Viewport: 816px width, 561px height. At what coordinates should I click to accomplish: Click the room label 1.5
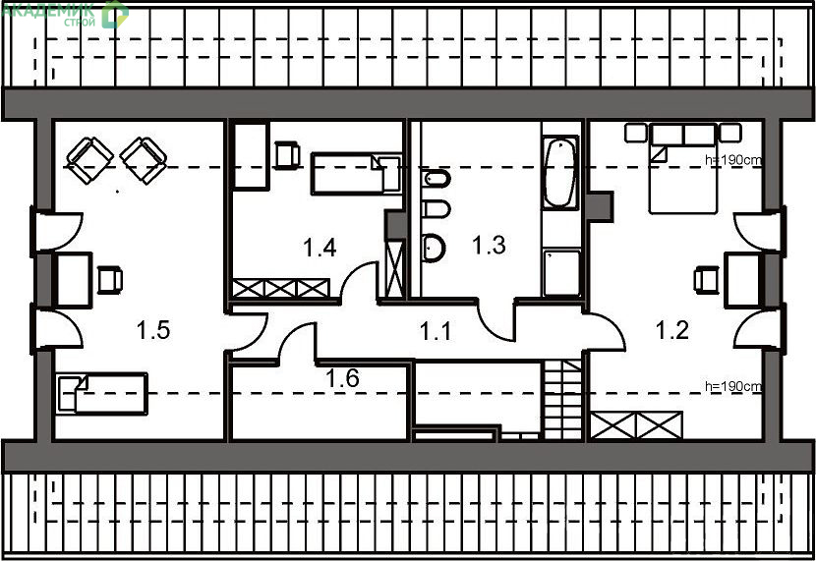coord(153,330)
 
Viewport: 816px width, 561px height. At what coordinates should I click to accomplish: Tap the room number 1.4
coord(320,248)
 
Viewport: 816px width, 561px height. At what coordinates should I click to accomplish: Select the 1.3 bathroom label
coord(489,245)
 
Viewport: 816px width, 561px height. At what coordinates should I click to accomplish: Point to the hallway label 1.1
coord(436,331)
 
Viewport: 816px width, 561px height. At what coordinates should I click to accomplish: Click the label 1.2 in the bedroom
coord(671,330)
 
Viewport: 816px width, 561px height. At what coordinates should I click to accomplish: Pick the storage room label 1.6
coord(342,378)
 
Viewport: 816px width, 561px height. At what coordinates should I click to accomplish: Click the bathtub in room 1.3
coord(560,173)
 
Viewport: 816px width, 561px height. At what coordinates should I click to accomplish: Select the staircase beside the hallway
coord(562,399)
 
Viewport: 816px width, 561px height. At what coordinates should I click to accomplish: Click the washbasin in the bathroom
coord(434,248)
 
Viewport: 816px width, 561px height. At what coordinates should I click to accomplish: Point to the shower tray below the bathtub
coord(561,272)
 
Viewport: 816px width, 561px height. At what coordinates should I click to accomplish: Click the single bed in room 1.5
coord(102,394)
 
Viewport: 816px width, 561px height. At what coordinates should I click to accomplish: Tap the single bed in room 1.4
coord(357,173)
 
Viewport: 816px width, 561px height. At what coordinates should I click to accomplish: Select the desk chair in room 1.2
coord(706,279)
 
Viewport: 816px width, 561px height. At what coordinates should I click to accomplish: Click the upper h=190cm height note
coord(733,160)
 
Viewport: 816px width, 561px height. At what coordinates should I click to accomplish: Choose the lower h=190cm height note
coord(733,386)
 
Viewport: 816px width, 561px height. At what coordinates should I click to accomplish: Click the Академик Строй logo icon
coord(115,14)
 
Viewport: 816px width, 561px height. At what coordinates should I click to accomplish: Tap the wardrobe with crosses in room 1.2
coord(636,425)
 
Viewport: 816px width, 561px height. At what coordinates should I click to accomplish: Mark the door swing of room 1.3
coord(495,321)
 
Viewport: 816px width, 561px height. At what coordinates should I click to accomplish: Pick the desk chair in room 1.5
coord(110,280)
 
